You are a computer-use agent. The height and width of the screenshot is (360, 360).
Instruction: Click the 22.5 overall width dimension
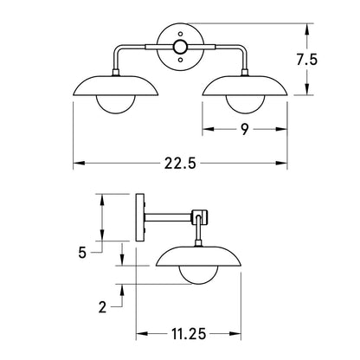pyautogui.click(x=180, y=164)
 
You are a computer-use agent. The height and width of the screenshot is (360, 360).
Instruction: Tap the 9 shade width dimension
pyautogui.click(x=245, y=129)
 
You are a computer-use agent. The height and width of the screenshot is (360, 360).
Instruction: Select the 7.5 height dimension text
pyautogui.click(x=307, y=60)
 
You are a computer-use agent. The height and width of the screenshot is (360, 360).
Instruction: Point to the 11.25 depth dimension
pyautogui.click(x=189, y=334)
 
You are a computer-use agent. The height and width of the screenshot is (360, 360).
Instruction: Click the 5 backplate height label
pyautogui.click(x=82, y=253)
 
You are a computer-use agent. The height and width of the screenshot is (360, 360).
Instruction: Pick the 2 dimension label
pyautogui.click(x=102, y=307)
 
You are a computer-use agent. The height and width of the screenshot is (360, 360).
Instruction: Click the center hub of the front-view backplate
pyautogui.click(x=180, y=47)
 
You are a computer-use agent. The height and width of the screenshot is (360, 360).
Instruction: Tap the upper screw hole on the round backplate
pyautogui.click(x=180, y=34)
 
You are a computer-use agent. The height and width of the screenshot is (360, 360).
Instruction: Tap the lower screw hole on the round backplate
pyautogui.click(x=180, y=60)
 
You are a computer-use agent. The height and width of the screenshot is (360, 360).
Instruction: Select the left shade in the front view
pyautogui.click(x=116, y=86)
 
